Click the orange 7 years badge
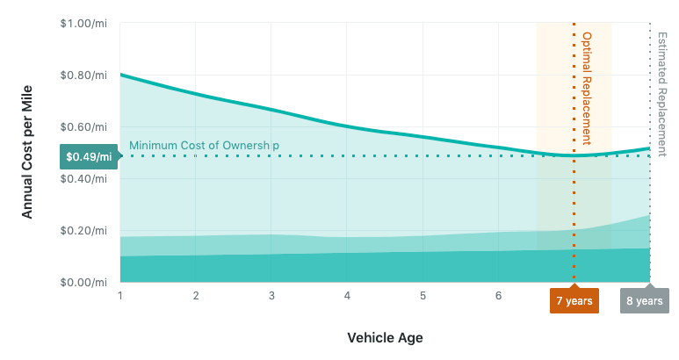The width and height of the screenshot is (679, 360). (x=574, y=300)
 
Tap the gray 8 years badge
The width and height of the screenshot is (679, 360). (x=644, y=300)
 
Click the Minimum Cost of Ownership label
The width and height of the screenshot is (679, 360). (x=204, y=145)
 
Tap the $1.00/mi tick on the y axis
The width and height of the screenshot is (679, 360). (x=84, y=23)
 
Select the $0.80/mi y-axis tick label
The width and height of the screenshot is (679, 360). (x=84, y=75)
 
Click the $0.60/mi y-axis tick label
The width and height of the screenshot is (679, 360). (x=84, y=126)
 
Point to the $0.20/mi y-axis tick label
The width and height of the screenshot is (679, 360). (x=84, y=230)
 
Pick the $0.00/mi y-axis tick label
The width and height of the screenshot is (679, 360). (x=84, y=282)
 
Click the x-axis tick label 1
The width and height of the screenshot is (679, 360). (x=119, y=296)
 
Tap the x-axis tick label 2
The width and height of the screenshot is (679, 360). (x=196, y=296)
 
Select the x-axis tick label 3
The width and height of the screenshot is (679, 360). (x=271, y=296)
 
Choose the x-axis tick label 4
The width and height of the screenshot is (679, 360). (x=347, y=296)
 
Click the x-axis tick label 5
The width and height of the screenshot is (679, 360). (x=423, y=296)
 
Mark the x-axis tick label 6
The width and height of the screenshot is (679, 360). (x=499, y=296)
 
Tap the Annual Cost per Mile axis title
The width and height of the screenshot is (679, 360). (x=27, y=153)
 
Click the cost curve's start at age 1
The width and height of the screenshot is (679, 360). (x=120, y=75)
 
